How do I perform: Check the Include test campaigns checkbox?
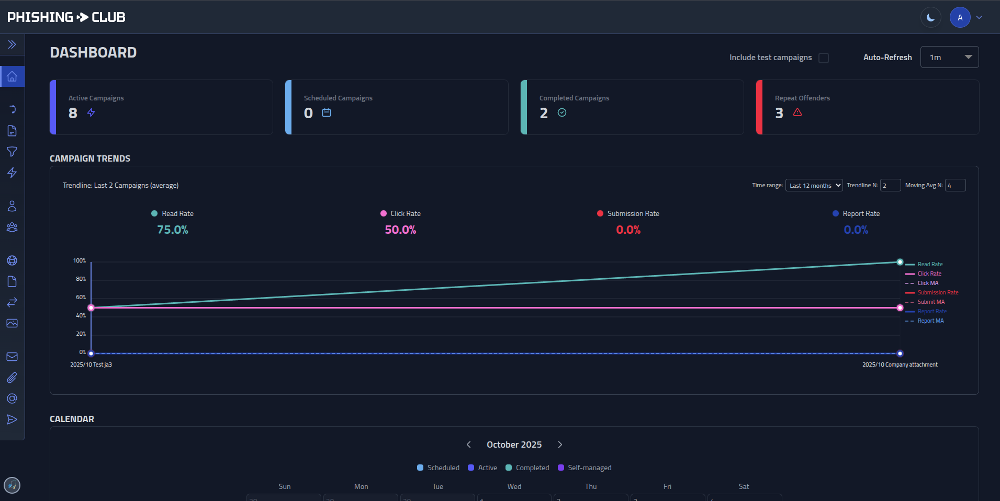824,58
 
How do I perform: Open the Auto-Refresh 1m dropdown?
949,58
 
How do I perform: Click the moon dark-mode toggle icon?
930,18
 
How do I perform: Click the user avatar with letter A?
960,18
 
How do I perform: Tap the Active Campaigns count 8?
73,113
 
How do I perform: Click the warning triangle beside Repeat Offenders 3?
797,112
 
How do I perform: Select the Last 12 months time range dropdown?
814,186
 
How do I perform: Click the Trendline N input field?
890,186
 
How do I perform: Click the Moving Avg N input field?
955,186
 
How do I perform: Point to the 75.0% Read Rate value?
173,230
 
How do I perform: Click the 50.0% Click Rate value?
400,230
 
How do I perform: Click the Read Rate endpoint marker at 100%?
900,262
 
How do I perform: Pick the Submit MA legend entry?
931,302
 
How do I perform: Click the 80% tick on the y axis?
81,279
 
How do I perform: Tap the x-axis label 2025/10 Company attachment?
900,365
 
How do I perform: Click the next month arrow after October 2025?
560,445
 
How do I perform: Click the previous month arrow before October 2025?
469,445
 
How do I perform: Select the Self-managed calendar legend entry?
589,468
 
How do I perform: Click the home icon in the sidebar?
12,77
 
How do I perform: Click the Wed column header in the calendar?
514,487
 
